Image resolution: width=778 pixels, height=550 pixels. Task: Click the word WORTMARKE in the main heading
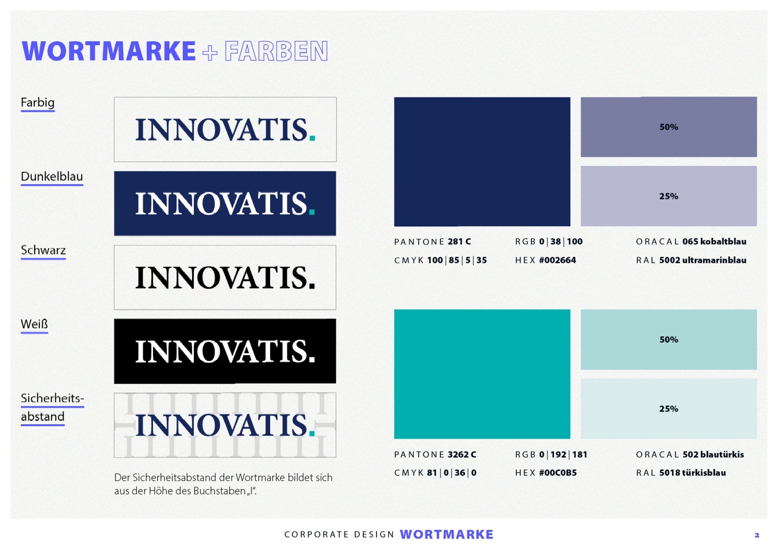click(109, 51)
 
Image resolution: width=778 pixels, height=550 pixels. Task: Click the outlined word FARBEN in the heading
click(276, 51)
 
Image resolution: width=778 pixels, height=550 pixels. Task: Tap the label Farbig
click(37, 103)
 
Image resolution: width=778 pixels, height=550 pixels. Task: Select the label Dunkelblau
click(52, 177)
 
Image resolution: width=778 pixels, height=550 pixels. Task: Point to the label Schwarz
click(43, 250)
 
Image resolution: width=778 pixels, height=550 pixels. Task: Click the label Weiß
click(34, 324)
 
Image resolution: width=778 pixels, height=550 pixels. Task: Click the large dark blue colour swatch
click(482, 162)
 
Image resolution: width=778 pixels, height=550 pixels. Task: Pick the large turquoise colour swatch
click(482, 374)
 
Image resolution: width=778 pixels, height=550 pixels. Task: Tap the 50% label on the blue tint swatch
click(669, 127)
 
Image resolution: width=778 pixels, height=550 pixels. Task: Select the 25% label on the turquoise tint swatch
click(669, 409)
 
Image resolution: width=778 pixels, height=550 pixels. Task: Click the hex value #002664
click(557, 260)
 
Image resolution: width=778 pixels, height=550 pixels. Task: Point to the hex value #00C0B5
click(558, 473)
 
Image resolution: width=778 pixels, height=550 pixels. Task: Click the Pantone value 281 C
click(459, 241)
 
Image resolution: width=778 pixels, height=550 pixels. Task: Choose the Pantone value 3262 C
click(462, 454)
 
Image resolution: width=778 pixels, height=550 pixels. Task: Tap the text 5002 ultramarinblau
click(703, 260)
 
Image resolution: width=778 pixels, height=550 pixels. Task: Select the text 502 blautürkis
click(713, 454)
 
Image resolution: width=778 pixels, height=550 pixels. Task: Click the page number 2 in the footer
click(757, 536)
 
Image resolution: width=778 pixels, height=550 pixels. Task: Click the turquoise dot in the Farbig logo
click(312, 138)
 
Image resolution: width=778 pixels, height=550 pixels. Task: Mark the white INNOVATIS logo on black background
click(225, 352)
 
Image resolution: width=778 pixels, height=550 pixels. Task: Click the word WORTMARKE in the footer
click(447, 534)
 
